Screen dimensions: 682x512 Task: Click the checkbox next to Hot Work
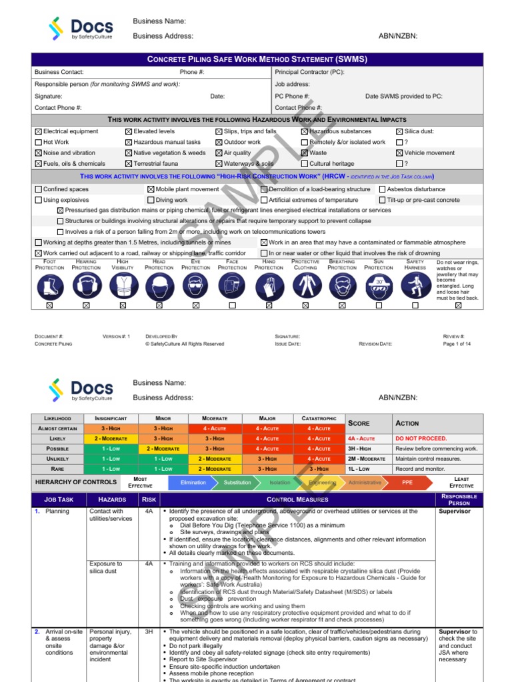(38, 143)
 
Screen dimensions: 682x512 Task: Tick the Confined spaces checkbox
(38, 189)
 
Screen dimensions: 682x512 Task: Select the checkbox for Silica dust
(399, 132)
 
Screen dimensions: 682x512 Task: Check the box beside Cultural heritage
(305, 164)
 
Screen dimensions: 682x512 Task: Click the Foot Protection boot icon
(49, 286)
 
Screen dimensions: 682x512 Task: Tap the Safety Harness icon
(415, 286)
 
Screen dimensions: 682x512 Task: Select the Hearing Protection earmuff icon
(86, 286)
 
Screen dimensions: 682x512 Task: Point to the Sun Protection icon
(379, 286)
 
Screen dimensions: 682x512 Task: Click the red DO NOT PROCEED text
(421, 439)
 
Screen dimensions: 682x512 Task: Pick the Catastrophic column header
(319, 418)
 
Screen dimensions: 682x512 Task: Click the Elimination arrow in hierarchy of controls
(193, 482)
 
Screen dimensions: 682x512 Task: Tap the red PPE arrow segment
(407, 482)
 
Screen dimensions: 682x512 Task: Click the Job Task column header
(58, 499)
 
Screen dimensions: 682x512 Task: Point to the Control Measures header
(297, 499)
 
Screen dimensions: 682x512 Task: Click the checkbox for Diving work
(151, 200)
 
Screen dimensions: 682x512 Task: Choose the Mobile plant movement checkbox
(151, 189)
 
